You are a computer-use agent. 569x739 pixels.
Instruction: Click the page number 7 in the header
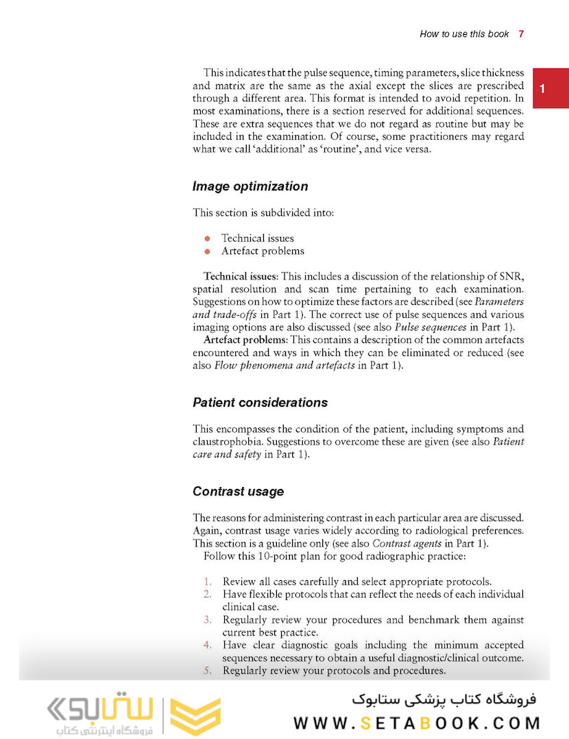(x=521, y=34)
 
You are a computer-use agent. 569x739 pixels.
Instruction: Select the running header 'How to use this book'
(x=464, y=34)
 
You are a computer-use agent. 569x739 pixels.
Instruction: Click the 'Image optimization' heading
(x=250, y=186)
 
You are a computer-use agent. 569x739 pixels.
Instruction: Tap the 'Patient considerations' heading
(x=260, y=402)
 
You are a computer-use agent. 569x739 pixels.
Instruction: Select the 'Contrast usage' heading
(x=238, y=492)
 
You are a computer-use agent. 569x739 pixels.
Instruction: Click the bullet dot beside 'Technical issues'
(x=207, y=238)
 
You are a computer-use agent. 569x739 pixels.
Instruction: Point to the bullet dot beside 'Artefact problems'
(x=207, y=251)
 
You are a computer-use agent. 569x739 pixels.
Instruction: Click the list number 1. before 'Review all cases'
(x=208, y=581)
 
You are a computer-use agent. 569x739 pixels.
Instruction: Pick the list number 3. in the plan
(x=208, y=620)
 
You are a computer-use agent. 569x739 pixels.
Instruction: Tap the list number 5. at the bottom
(x=208, y=671)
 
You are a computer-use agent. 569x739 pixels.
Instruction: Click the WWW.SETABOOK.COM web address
(x=416, y=723)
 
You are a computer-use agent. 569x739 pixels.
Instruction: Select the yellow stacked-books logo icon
(x=195, y=717)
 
